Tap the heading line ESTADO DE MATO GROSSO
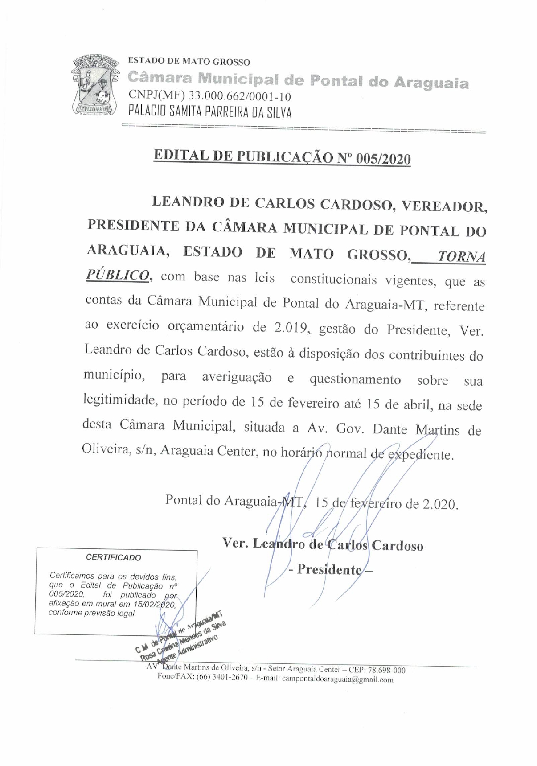point(189,62)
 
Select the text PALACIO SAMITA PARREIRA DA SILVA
point(210,111)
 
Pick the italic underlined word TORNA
point(461,257)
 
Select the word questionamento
point(355,379)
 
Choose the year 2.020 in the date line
point(439,504)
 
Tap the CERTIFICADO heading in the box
point(113,557)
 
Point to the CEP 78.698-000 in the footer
point(386,670)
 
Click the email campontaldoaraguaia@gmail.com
point(337,680)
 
